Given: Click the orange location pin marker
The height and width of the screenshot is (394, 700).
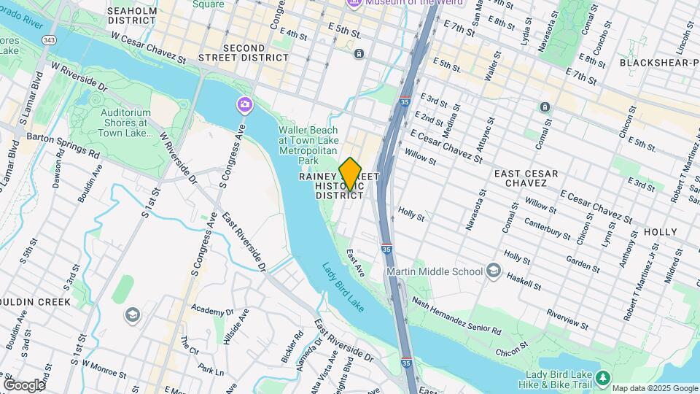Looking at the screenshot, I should click(x=350, y=174).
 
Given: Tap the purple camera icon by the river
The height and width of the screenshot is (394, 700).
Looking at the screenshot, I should click(x=244, y=106).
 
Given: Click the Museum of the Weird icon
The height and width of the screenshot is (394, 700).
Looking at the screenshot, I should click(x=354, y=3).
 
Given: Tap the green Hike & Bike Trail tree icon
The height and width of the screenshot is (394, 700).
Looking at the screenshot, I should click(x=602, y=377).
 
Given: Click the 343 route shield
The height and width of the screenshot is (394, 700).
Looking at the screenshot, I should click(x=49, y=39).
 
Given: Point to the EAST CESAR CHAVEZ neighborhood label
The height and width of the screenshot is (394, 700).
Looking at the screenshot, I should click(x=526, y=179).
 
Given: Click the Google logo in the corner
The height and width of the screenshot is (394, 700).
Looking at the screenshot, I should click(x=23, y=385).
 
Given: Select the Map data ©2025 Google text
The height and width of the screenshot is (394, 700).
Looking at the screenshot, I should click(x=654, y=388).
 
